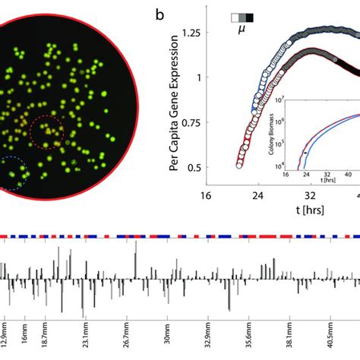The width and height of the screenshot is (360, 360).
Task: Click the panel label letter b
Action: pyautogui.click(x=159, y=14)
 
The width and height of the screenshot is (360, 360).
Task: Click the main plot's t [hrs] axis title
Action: pyautogui.click(x=294, y=210)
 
